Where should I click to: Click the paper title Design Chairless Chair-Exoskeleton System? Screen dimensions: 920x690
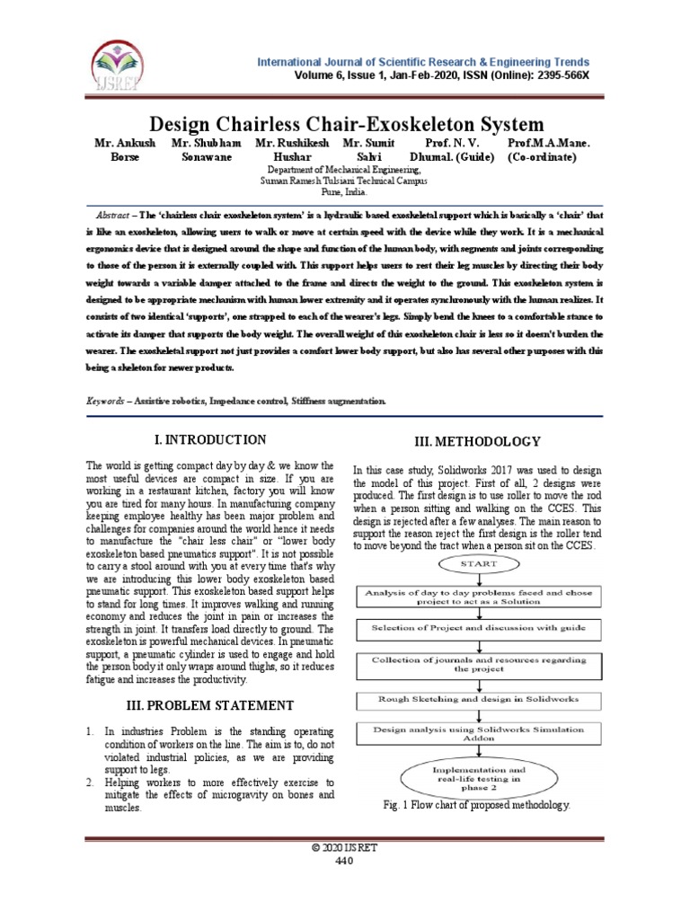[345, 123]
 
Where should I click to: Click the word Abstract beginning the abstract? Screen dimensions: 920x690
[112, 217]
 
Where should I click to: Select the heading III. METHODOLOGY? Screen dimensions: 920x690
[476, 441]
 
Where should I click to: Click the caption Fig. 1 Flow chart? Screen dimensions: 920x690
[476, 807]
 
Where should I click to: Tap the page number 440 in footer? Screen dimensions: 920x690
[344, 861]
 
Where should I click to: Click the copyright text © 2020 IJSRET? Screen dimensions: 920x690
[344, 848]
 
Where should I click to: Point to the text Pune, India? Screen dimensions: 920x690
[344, 191]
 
